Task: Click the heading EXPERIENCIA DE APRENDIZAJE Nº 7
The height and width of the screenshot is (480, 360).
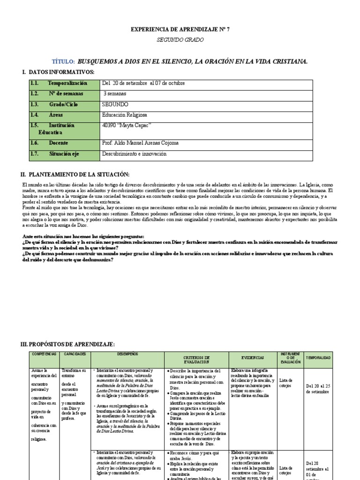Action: click(180, 30)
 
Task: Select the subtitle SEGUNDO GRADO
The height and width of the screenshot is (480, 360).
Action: click(180, 40)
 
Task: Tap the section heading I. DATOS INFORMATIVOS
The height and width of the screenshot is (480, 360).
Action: click(58, 72)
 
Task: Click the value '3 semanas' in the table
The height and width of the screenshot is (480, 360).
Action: click(115, 94)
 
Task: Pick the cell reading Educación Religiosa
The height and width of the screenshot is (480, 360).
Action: click(124, 114)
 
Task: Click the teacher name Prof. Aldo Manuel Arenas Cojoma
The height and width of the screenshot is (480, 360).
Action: click(140, 143)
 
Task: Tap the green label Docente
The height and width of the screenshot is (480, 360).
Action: click(58, 143)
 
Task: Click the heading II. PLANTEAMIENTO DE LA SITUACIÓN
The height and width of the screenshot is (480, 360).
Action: click(75, 174)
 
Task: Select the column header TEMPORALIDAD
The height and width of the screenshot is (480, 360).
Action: click(318, 358)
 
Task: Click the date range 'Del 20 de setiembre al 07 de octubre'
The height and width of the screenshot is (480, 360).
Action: click(143, 83)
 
